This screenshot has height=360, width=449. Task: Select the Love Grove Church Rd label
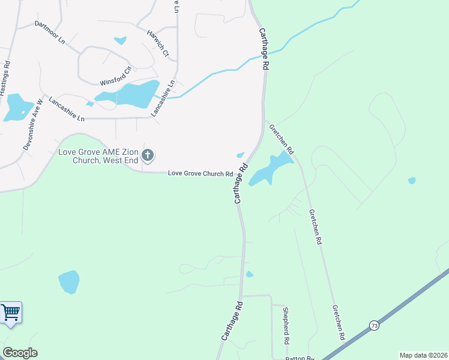pos(200,173)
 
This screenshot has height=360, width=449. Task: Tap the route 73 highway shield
pos(375,325)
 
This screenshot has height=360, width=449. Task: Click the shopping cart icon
pos(10,313)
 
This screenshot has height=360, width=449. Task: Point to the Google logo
pos(20,353)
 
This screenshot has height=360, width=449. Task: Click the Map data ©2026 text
pos(423,355)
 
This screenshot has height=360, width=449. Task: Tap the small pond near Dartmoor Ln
pos(120,41)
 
